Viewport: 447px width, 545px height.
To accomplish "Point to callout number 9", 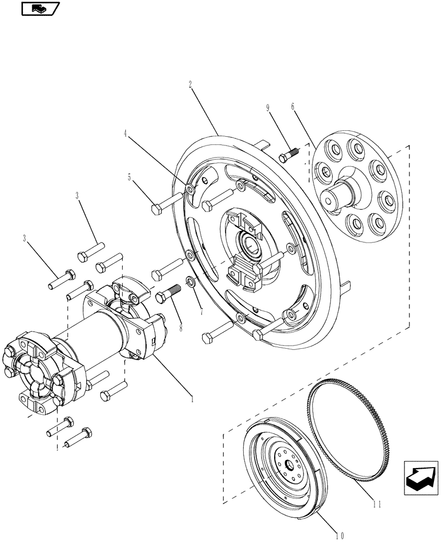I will click(x=268, y=108).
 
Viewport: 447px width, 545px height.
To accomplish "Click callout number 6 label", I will click(x=293, y=107).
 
